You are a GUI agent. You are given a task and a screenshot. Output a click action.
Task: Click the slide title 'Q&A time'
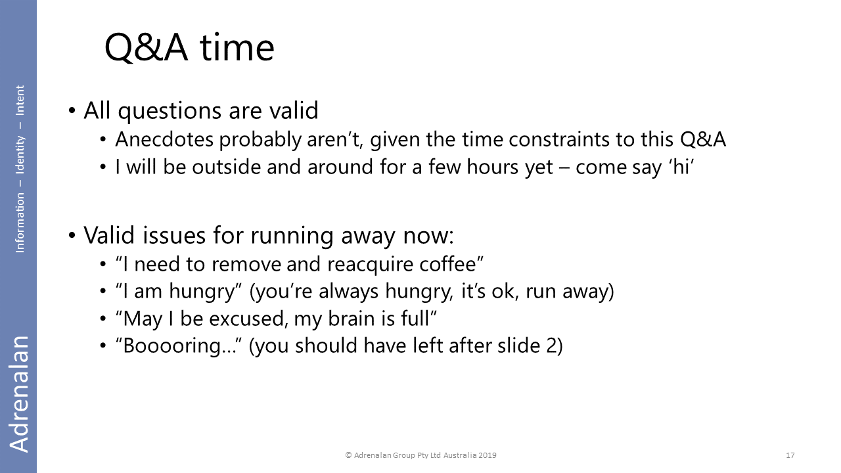coord(190,49)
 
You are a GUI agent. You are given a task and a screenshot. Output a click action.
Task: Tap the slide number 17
coord(790,455)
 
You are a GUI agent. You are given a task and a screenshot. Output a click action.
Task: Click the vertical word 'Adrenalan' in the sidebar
coord(19,394)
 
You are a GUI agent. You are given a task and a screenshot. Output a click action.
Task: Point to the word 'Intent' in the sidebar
coord(20,101)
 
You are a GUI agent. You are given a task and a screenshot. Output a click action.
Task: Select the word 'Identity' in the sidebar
coord(20,154)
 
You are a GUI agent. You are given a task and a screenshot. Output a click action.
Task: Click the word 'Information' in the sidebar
coord(20,223)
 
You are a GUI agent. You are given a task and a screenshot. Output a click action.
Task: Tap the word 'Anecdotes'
coord(164,139)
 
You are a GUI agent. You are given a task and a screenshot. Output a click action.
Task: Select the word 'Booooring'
coord(172,346)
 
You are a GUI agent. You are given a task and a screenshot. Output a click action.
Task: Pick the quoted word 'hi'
coord(680,167)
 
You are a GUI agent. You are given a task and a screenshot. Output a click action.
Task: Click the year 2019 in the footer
coord(488,455)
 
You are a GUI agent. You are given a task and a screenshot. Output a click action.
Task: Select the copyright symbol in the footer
coord(348,455)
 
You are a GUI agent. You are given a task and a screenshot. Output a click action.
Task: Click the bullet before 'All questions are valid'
coord(72,111)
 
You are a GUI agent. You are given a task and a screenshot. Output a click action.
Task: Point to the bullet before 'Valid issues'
coord(72,236)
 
